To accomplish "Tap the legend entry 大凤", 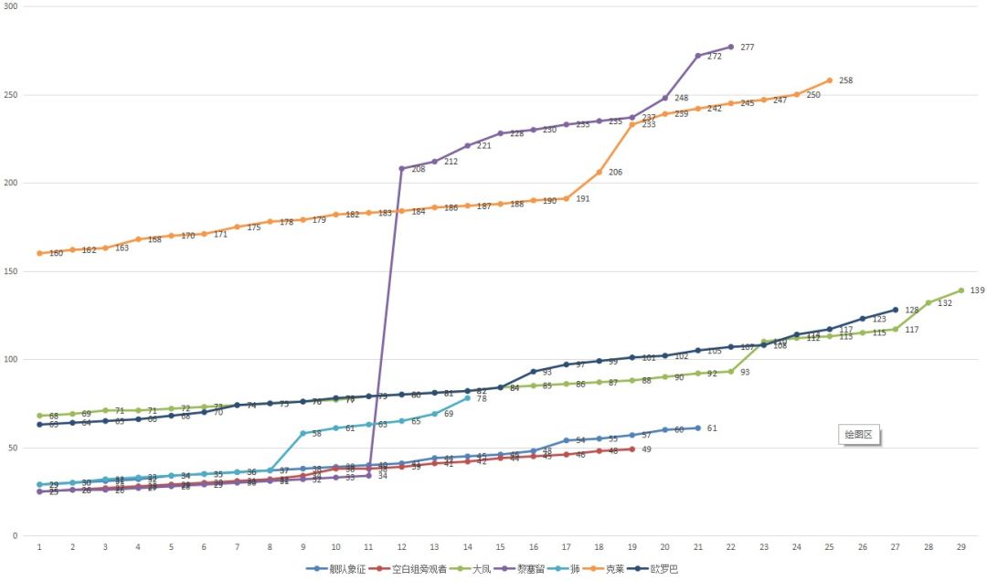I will click(480, 569).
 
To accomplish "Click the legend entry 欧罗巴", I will click(664, 569).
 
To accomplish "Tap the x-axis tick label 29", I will click(960, 546).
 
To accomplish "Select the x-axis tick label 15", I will click(500, 546).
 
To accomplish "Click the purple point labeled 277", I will click(730, 47).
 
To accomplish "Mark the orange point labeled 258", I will click(830, 80).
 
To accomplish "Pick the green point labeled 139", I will click(960, 290).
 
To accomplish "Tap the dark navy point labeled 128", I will click(895, 310).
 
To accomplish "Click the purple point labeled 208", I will click(402, 168).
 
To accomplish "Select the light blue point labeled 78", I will click(467, 398).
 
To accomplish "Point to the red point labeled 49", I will click(631, 449).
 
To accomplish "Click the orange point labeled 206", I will click(599, 172).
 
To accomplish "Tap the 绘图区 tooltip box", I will click(859, 436).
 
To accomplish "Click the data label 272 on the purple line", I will click(715, 57).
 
